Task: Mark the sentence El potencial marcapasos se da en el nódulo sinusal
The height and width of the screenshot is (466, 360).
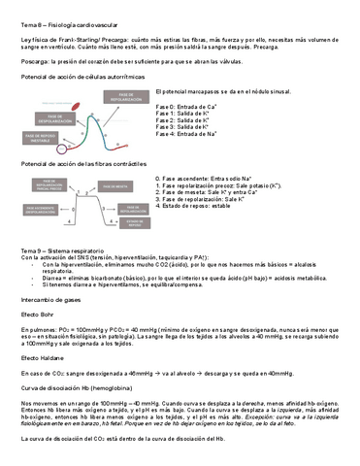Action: pos(243,90)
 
